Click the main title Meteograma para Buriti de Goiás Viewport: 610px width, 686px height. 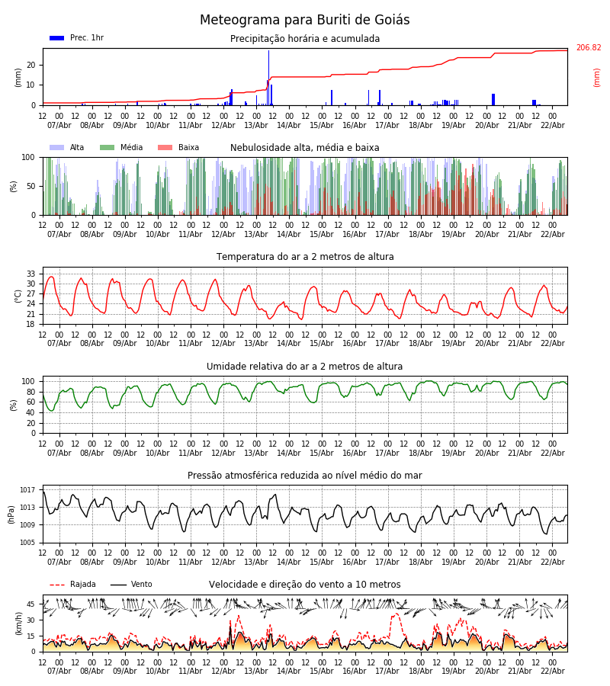click(x=304, y=21)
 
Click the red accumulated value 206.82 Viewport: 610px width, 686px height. click(x=588, y=48)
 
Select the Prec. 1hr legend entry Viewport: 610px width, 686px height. click(x=76, y=38)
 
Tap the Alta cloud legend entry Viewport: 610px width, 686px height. click(x=67, y=148)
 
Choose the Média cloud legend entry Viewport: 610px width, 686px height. click(x=121, y=148)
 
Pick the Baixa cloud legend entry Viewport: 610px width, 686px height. click(x=178, y=148)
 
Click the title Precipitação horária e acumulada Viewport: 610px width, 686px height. click(x=305, y=39)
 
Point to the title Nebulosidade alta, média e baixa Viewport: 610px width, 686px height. click(x=305, y=148)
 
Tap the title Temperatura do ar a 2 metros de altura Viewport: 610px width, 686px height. click(x=305, y=257)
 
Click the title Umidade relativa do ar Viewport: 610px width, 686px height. click(x=305, y=367)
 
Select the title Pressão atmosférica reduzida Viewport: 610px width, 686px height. click(x=305, y=476)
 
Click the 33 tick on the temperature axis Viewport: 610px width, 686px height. click(x=31, y=274)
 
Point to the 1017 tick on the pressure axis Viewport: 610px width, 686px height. click(x=28, y=490)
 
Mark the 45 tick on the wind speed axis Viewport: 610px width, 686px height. click(x=31, y=604)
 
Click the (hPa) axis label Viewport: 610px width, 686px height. click(x=11, y=514)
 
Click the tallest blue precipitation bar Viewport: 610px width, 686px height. click(x=268, y=76)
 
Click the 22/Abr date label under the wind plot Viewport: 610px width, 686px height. click(x=552, y=671)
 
